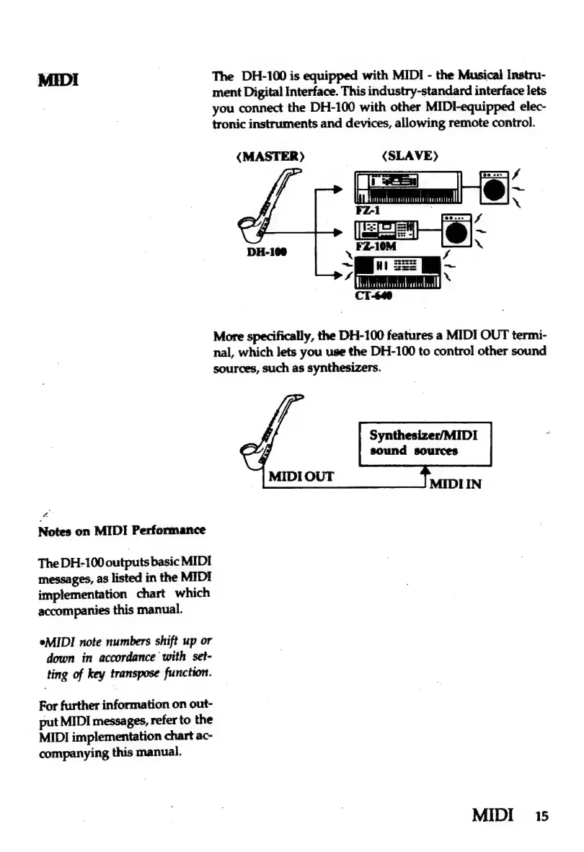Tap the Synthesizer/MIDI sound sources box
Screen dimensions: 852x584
(x=424, y=443)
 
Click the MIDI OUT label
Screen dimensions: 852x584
(x=301, y=477)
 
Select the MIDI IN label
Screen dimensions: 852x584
(x=454, y=484)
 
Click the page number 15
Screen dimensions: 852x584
(x=541, y=817)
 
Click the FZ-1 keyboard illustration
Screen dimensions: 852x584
(x=407, y=189)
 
